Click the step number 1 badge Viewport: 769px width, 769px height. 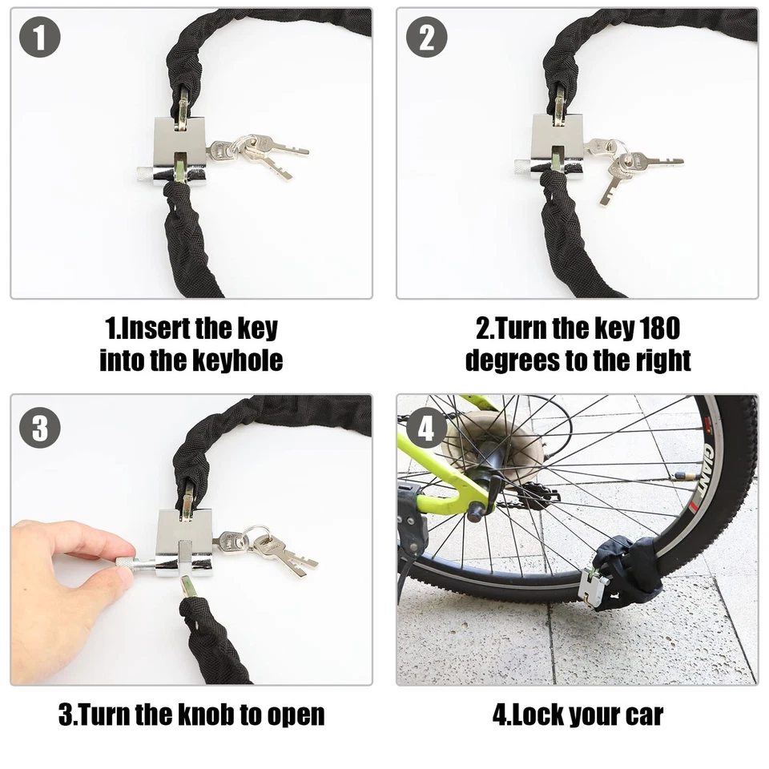point(40,38)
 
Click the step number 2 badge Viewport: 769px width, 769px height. point(426,38)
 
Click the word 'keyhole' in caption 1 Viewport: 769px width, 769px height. point(236,360)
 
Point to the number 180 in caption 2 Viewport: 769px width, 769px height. point(658,328)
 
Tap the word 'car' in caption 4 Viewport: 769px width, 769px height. point(640,714)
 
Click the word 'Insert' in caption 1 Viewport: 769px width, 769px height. point(152,328)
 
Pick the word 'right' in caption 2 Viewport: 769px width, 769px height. point(660,360)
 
